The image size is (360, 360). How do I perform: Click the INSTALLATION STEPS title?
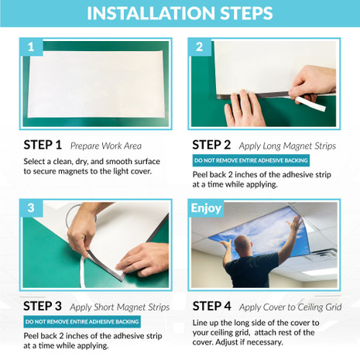(180, 14)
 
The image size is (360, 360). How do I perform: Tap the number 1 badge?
(30, 47)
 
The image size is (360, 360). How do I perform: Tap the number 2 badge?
(199, 47)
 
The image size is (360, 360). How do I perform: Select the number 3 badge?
(30, 208)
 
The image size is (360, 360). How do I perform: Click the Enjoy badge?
(206, 208)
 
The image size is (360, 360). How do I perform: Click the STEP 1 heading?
(43, 145)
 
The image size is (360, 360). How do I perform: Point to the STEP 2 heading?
(211, 144)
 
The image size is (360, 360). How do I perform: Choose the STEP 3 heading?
(43, 305)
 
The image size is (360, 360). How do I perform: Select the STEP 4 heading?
(211, 305)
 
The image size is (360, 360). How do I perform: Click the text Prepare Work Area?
(104, 146)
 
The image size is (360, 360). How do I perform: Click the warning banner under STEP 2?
(251, 160)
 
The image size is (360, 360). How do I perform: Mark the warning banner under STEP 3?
(82, 321)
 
